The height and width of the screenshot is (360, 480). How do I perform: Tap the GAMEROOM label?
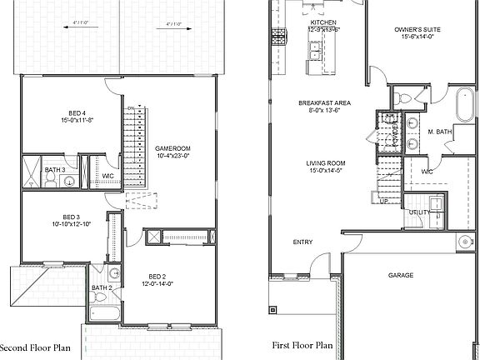[x=172, y=148]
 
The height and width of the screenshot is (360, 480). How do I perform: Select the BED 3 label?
[x=71, y=217]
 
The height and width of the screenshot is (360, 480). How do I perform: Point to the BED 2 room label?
[x=157, y=276]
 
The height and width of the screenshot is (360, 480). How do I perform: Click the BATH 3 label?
[x=55, y=171]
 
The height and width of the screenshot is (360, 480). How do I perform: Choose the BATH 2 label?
[x=101, y=287]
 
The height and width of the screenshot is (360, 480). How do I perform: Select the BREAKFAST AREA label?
[x=324, y=102]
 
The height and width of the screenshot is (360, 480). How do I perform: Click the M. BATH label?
[x=439, y=132]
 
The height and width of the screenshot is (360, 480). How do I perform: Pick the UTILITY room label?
[x=419, y=212]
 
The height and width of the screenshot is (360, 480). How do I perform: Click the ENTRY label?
[x=302, y=242]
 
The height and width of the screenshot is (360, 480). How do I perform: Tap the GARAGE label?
[x=402, y=274]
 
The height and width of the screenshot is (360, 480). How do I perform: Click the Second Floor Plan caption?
[x=35, y=348]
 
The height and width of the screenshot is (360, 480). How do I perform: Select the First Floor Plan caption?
[x=302, y=344]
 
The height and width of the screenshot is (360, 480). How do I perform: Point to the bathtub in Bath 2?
[x=104, y=314]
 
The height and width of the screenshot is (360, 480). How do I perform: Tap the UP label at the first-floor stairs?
[x=384, y=201]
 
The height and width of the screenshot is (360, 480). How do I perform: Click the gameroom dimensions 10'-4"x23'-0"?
[x=172, y=156]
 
